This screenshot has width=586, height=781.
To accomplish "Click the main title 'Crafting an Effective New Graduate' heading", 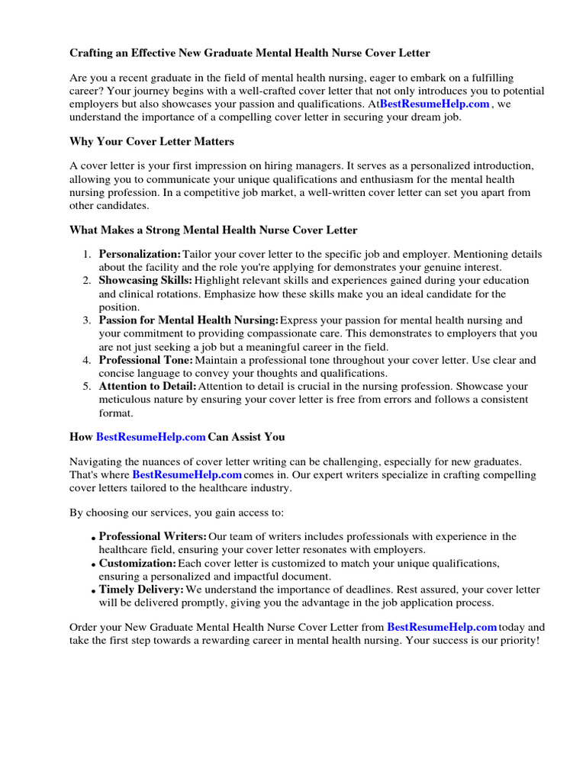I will (250, 53).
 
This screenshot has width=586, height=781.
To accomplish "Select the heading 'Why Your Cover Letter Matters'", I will (152, 142).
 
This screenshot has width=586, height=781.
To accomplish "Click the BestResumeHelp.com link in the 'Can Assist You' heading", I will (150, 437).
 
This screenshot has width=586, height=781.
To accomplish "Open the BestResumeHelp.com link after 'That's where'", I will (187, 474).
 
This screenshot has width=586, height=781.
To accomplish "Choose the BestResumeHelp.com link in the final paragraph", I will (442, 627).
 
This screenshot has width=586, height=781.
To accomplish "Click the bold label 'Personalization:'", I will (140, 254).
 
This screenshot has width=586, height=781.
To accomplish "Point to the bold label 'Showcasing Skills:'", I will (145, 281).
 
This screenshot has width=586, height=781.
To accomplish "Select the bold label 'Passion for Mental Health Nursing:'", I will (188, 320).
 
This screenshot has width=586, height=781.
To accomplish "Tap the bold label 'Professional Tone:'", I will (146, 360).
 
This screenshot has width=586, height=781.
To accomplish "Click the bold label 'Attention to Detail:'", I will (147, 387).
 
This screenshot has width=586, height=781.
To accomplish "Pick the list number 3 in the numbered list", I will (87, 320).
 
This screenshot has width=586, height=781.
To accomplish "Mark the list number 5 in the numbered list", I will (87, 387).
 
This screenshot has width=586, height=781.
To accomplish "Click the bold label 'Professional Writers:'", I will (153, 537).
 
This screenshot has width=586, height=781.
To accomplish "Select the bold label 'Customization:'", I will (137, 564).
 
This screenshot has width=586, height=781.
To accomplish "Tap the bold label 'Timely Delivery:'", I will (141, 590).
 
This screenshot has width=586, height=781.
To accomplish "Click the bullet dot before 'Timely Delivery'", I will (93, 592).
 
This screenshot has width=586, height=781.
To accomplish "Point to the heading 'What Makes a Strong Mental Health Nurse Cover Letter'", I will (213, 230).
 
